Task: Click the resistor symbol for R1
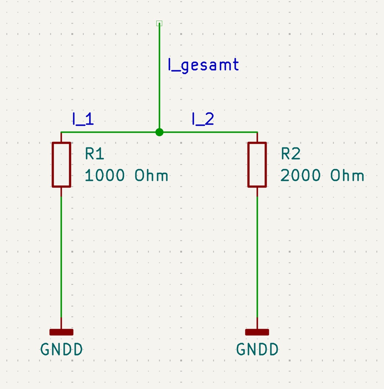click(61, 165)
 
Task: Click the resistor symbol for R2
click(257, 165)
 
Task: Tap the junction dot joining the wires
click(159, 132)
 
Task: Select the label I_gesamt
click(203, 65)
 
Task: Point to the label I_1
click(83, 119)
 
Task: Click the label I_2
click(203, 119)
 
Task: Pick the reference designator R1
click(95, 154)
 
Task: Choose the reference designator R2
click(291, 154)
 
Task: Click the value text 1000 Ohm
click(126, 176)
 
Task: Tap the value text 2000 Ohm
click(322, 176)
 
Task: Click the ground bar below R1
click(61, 332)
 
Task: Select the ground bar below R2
click(257, 332)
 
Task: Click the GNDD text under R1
click(61, 350)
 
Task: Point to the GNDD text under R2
click(257, 350)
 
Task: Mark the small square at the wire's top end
click(159, 24)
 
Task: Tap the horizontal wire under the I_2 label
click(210, 132)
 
